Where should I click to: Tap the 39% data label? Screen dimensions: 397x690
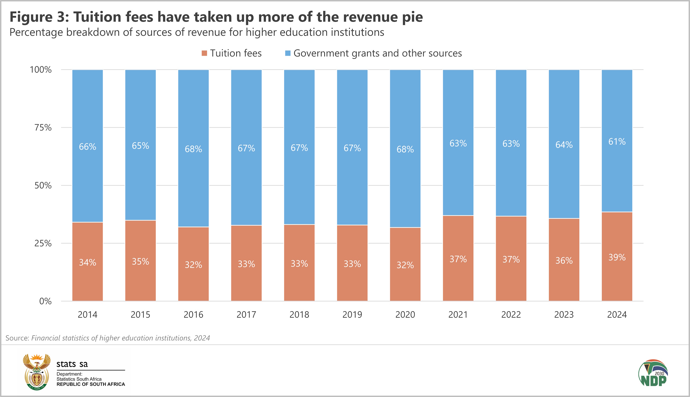(x=617, y=257)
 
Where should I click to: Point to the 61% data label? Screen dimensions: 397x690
(x=617, y=142)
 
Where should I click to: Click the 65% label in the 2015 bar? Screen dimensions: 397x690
(x=140, y=146)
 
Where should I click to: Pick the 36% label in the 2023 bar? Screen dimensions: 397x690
(x=564, y=260)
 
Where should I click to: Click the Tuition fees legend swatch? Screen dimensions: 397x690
(x=204, y=53)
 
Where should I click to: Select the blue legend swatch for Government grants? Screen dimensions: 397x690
(x=288, y=53)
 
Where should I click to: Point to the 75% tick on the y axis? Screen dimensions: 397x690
(x=43, y=128)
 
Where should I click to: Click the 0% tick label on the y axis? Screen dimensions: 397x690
(x=45, y=301)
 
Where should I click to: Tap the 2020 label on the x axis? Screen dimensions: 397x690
(x=405, y=315)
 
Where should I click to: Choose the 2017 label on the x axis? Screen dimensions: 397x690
(x=246, y=315)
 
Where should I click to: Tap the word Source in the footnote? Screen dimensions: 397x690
(x=17, y=338)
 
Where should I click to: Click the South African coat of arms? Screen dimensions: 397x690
(x=37, y=372)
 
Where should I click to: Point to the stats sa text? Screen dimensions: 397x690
(x=72, y=364)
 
